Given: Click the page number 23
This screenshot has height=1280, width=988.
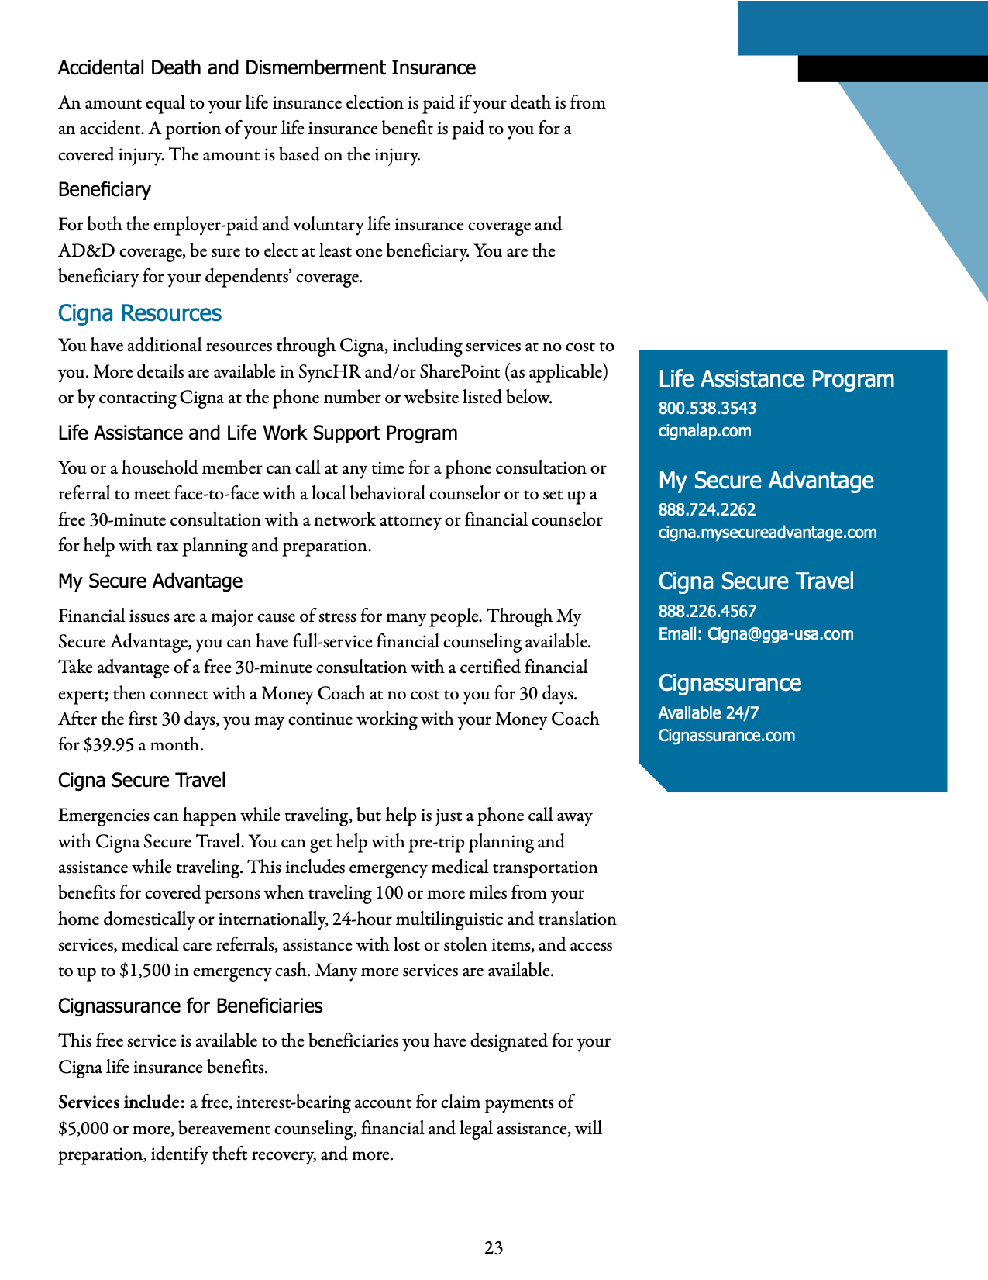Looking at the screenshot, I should [494, 1247].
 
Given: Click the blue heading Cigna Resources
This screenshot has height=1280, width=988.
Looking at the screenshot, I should [139, 313].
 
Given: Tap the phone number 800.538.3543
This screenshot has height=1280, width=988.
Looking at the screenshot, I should [707, 408].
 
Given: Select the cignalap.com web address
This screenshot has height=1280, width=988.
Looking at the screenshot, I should [704, 431].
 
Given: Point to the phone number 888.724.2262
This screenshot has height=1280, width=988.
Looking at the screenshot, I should [707, 509].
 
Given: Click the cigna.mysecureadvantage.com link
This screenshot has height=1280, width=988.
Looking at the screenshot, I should [767, 533].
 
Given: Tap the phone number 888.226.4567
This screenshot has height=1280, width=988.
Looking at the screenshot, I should [707, 611].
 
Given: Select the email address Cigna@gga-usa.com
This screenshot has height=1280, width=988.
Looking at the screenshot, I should [780, 634].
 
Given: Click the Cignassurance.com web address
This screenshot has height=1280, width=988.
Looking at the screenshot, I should [726, 736].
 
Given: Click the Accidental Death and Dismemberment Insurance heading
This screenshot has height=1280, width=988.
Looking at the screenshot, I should [267, 68].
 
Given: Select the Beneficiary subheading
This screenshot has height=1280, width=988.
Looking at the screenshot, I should [105, 190].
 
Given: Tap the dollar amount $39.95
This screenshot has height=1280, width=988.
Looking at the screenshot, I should [108, 745].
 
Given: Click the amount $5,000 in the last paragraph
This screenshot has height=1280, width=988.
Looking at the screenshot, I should [83, 1129].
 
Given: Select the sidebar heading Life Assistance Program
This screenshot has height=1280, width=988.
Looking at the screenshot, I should [776, 379].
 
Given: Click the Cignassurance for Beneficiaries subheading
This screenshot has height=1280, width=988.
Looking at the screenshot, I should [191, 1006].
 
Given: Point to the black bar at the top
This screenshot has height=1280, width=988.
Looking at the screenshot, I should [893, 69].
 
